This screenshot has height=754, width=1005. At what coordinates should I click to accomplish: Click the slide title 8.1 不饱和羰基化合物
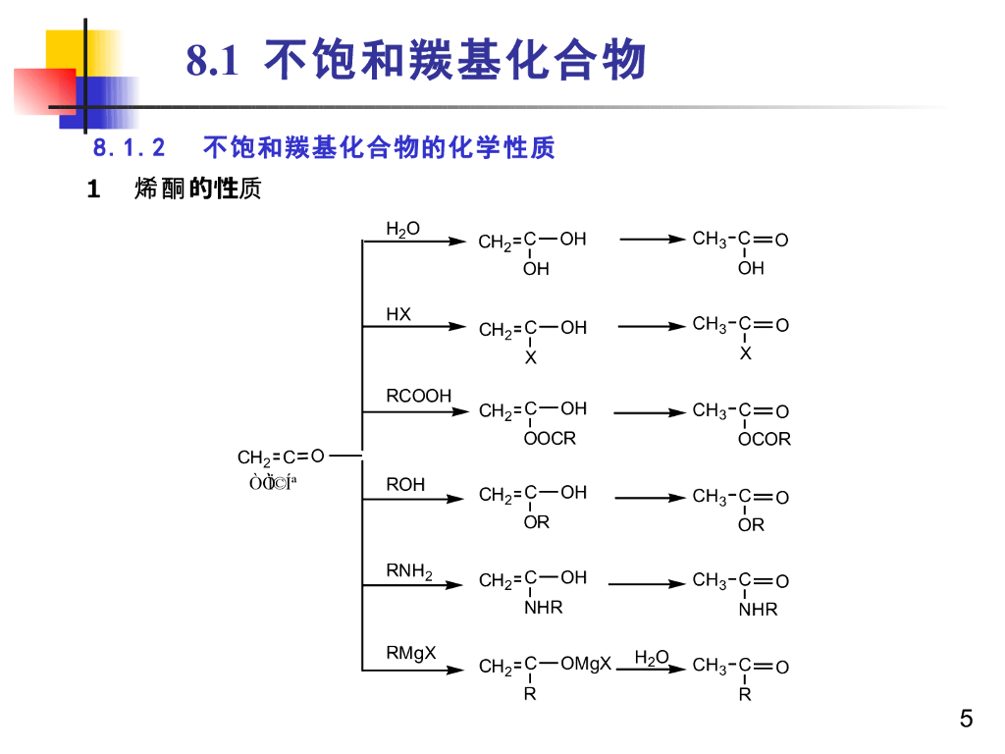tap(417, 61)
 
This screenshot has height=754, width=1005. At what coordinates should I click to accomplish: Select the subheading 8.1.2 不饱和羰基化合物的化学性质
tap(324, 148)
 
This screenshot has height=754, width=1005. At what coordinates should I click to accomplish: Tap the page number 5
tap(967, 719)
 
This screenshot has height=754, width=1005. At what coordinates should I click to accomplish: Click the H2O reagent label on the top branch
tap(402, 229)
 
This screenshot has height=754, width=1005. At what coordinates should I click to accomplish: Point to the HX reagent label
tap(398, 314)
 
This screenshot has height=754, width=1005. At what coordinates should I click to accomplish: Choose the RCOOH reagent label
tap(418, 396)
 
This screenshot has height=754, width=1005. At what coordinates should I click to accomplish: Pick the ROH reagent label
tap(405, 485)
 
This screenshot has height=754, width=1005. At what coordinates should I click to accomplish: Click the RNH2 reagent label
tap(408, 570)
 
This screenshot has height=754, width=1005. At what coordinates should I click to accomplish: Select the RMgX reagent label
tap(411, 653)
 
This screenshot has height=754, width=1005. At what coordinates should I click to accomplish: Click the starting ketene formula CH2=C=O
tap(281, 457)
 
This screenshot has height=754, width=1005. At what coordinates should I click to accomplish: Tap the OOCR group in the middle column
tap(550, 439)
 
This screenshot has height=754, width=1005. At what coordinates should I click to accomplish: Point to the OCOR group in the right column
tap(765, 440)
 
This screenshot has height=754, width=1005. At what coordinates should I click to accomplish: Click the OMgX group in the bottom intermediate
tap(586, 664)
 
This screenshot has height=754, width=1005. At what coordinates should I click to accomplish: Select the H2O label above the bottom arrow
tap(652, 657)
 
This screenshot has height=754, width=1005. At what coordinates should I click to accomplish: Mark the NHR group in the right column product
tap(759, 610)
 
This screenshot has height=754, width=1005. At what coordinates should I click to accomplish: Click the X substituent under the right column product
tap(746, 353)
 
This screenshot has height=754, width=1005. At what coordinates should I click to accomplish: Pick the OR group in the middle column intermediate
tap(536, 523)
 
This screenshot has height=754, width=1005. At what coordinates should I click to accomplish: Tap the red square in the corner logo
tap(44, 90)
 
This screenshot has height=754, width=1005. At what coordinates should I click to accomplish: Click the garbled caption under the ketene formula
tap(274, 482)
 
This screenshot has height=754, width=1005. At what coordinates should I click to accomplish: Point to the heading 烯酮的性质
tap(197, 189)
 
